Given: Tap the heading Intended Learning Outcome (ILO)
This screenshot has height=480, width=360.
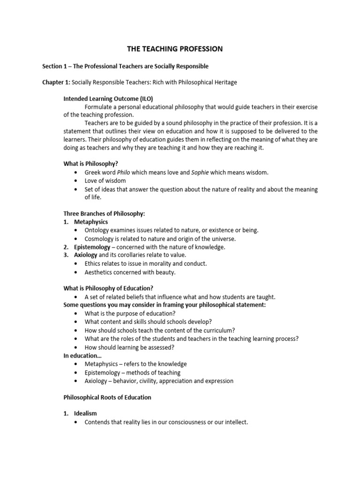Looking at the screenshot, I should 108,98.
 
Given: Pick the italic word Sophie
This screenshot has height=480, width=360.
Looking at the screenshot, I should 200,172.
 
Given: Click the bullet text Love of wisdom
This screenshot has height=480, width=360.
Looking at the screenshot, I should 105,180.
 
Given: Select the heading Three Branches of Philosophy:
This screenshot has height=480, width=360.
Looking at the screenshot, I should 104,213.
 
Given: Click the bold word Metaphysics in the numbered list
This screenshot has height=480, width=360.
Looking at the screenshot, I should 91,222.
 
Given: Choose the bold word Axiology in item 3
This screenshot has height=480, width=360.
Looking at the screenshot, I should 86,255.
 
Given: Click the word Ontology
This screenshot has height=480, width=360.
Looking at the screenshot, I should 97,230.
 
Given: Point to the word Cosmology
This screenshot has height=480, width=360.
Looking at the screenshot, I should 99,239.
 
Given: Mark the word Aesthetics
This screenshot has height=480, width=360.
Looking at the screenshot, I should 100,272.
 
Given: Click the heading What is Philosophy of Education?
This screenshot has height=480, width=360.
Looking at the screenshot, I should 108,288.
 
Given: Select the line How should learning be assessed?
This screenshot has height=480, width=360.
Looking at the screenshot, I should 129,347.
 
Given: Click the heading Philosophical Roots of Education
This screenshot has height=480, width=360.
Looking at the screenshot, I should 107,397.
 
